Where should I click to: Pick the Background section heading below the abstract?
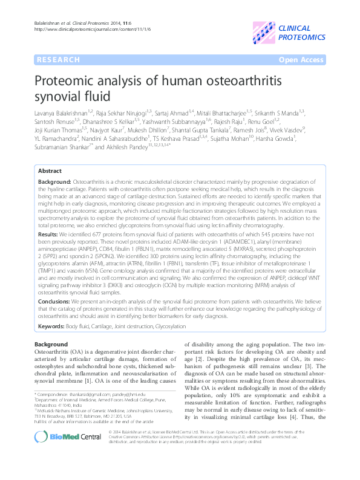[x=51, y=344]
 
